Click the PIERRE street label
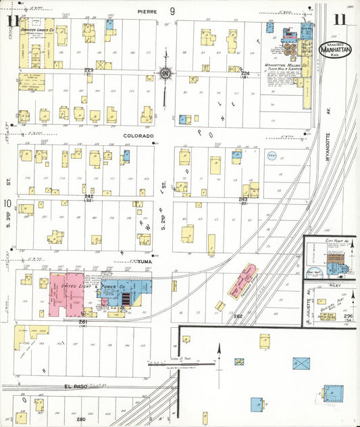tap(147, 11)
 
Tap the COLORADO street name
tap(138, 135)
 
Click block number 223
tap(88, 70)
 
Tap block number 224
tap(245, 73)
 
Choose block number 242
tap(88, 196)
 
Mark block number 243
tap(243, 199)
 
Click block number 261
tap(83, 322)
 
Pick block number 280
tap(81, 420)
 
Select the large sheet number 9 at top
tap(173, 11)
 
